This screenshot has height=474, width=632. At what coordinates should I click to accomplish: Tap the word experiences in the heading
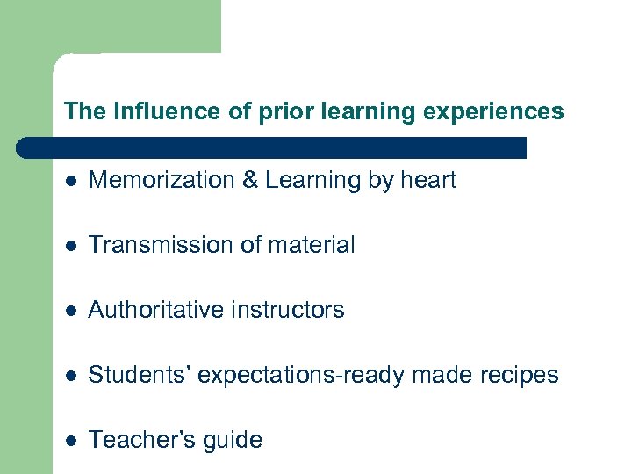505,112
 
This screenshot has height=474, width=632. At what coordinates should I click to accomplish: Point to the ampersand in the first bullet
249,181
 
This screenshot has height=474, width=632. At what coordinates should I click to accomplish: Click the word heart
427,181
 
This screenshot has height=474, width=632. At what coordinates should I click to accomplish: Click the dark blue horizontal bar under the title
272,147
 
